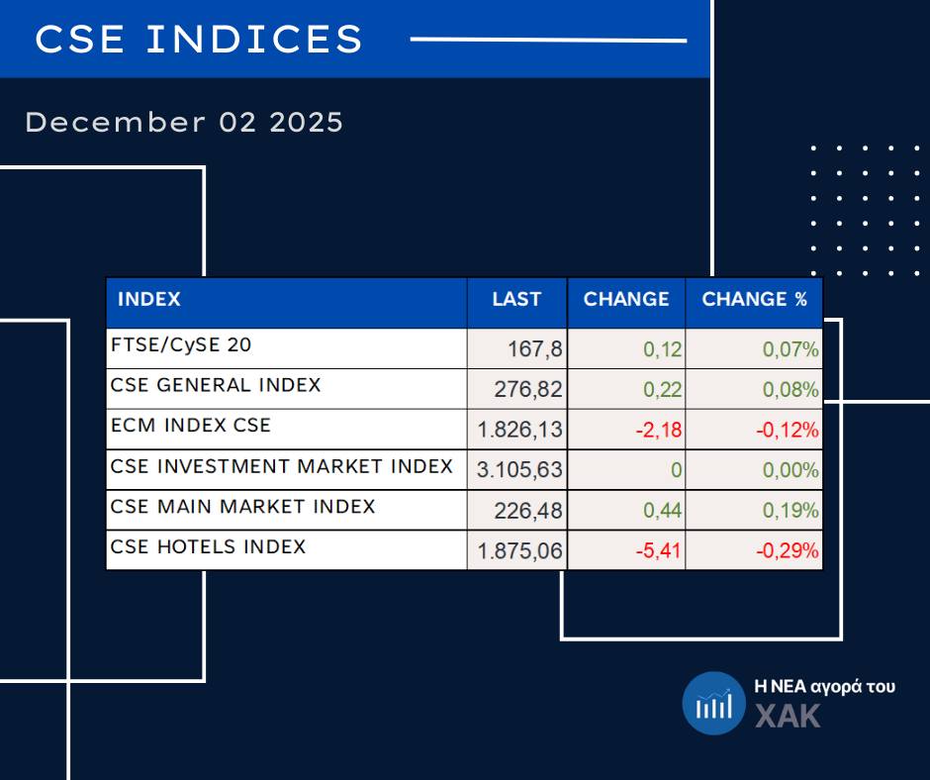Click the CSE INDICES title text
199,40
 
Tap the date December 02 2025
184,123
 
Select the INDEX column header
149,300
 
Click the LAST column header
516,300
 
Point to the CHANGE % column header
754,300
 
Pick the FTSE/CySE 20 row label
181,345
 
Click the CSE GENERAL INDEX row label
216,385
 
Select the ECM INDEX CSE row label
191,426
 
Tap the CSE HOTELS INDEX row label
209,546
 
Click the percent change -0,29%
788,551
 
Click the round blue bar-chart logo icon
713,704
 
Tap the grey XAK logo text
788,716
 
